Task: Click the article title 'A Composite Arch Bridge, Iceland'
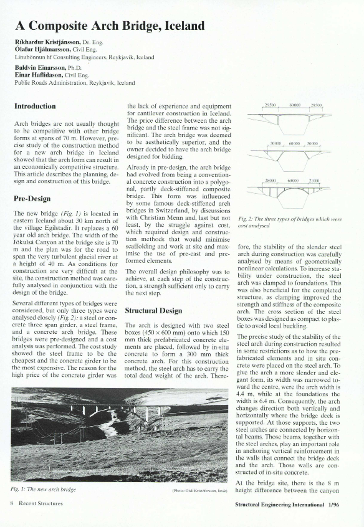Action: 110,26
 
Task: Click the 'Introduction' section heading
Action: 35,107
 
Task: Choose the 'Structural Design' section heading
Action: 153,310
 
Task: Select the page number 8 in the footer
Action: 12,503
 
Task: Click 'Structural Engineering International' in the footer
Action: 282,503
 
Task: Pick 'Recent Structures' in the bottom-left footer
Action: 40,503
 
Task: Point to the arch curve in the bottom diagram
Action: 292,193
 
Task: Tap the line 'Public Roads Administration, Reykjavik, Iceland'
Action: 74,82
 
